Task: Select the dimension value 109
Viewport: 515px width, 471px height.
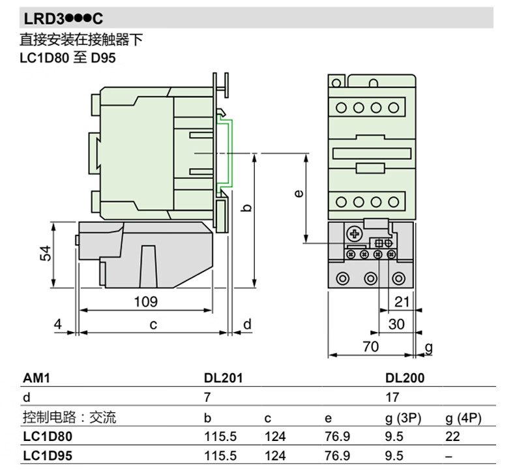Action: (145, 301)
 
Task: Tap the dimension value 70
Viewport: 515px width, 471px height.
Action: (370, 346)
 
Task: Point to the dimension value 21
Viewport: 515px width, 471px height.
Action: (402, 301)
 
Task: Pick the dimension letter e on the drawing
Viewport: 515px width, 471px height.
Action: (297, 194)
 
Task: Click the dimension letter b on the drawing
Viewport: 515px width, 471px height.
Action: (246, 207)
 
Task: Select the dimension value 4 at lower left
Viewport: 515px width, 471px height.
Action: (58, 324)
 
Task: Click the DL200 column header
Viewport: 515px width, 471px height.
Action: (405, 378)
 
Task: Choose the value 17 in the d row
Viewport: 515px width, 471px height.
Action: (392, 397)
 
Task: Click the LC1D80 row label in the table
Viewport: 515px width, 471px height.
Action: (48, 436)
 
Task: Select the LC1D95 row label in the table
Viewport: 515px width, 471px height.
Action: (48, 455)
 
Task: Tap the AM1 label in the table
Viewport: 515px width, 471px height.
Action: (37, 378)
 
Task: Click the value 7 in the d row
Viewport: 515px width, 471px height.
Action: (208, 397)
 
